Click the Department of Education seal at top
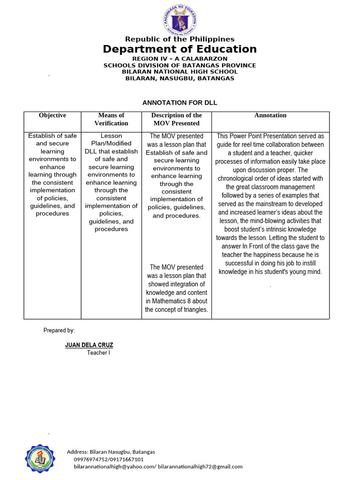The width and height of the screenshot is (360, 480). (180, 19)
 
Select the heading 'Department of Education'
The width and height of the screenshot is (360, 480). (180, 49)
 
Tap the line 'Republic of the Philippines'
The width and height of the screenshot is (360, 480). (180, 39)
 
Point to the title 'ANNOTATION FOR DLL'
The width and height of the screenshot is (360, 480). (180, 103)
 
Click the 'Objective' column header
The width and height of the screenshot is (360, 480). (52, 115)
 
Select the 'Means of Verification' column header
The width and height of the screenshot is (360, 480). (111, 119)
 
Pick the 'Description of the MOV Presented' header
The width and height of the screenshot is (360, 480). (176, 119)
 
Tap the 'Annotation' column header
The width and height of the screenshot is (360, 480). (270, 115)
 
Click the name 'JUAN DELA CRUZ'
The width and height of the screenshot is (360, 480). (89, 345)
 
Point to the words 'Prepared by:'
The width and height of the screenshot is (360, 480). (59, 330)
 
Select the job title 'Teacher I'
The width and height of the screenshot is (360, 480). (98, 353)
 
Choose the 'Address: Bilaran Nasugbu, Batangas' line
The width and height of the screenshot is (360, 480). (111, 452)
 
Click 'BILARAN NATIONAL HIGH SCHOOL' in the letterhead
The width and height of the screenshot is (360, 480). (180, 72)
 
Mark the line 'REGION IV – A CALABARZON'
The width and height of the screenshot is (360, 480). (180, 59)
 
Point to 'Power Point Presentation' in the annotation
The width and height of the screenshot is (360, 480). (263, 136)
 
